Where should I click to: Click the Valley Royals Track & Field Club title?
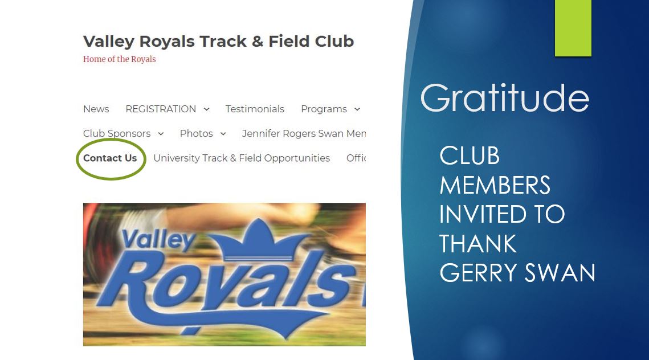pos(219,42)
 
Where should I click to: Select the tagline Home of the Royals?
pos(119,59)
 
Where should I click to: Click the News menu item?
pos(96,109)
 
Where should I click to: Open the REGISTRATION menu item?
pos(161,109)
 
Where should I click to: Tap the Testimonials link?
pos(255,109)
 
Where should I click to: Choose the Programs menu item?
pos(324,109)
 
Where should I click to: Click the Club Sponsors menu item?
pos(117,133)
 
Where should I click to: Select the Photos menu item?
pos(196,133)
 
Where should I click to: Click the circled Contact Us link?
pos(110,158)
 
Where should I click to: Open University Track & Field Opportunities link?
pos(242,158)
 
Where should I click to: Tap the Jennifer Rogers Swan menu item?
pos(304,133)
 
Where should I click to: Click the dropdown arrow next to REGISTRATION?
pos(206,109)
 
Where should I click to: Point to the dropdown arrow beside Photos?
pos(223,134)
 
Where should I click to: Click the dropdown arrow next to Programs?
pos(357,109)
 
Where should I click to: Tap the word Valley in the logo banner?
pos(158,240)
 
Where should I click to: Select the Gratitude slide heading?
pos(505,99)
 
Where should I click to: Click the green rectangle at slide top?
pos(573,28)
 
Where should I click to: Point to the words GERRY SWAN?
pos(517,273)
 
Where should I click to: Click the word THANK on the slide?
pos(478,244)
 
